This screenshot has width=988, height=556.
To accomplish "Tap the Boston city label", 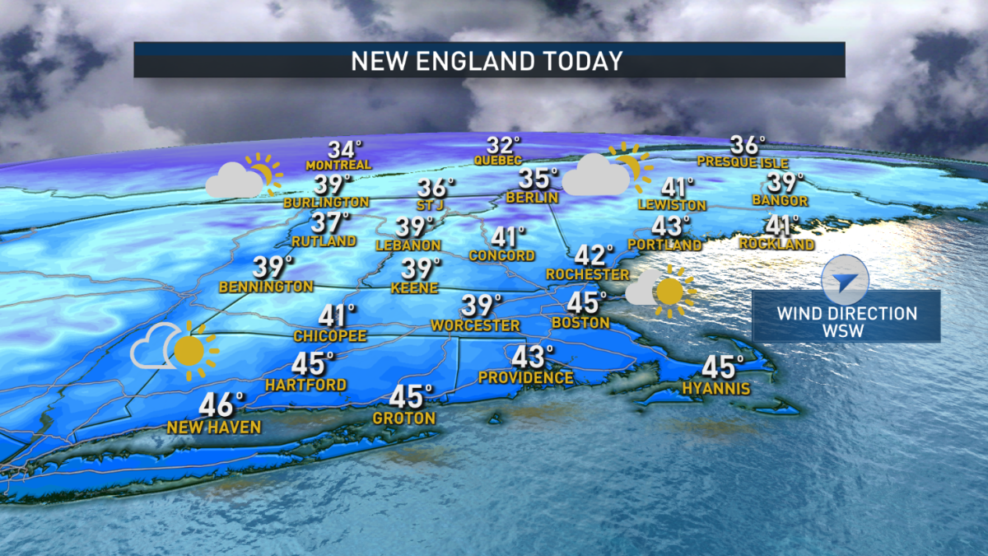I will pyautogui.click(x=580, y=323).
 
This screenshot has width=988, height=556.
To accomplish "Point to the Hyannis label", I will pyautogui.click(x=715, y=388).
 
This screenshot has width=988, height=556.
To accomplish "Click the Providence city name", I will pyautogui.click(x=526, y=378).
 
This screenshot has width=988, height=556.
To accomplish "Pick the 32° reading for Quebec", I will pyautogui.click(x=504, y=145).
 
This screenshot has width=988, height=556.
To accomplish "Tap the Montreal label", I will pyautogui.click(x=338, y=165).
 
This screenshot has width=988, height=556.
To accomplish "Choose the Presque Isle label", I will pyautogui.click(x=739, y=161).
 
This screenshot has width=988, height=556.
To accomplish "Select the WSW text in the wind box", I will pyautogui.click(x=846, y=330).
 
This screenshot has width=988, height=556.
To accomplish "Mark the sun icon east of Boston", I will pyautogui.click(x=669, y=292).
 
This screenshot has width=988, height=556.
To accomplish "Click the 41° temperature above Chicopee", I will pyautogui.click(x=337, y=316).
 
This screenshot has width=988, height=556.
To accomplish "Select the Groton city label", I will pyautogui.click(x=403, y=418).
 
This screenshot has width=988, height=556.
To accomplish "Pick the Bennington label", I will pyautogui.click(x=266, y=287).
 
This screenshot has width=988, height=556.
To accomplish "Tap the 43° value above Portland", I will pyautogui.click(x=671, y=226).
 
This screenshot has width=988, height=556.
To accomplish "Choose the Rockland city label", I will pyautogui.click(x=776, y=244).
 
